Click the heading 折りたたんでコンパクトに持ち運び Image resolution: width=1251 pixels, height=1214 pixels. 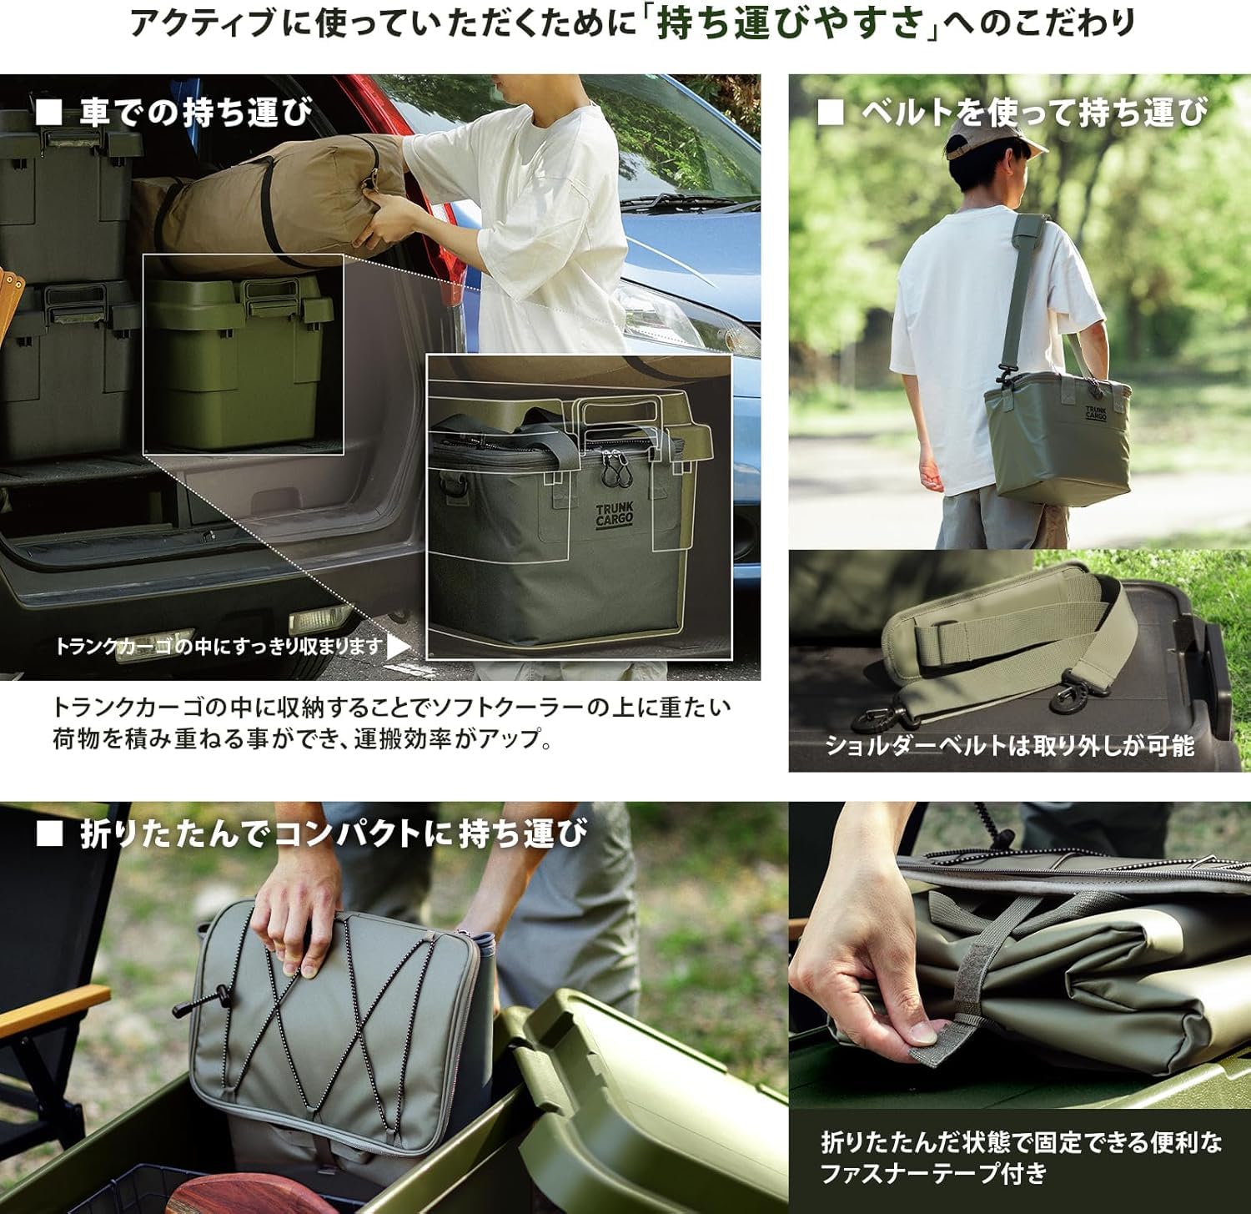(334, 834)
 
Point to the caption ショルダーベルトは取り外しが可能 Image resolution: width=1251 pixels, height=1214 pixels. (1009, 745)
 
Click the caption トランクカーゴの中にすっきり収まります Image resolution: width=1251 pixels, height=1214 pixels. (219, 646)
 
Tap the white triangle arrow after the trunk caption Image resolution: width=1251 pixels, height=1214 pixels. (399, 647)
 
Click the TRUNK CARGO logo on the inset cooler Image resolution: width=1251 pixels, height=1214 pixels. (615, 514)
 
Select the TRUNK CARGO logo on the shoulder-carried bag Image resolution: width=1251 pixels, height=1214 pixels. (1096, 412)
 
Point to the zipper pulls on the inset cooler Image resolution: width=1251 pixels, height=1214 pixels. (615, 469)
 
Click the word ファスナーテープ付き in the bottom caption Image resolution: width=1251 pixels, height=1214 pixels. (933, 1173)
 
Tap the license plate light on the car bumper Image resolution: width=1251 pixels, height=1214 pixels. (321, 618)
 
